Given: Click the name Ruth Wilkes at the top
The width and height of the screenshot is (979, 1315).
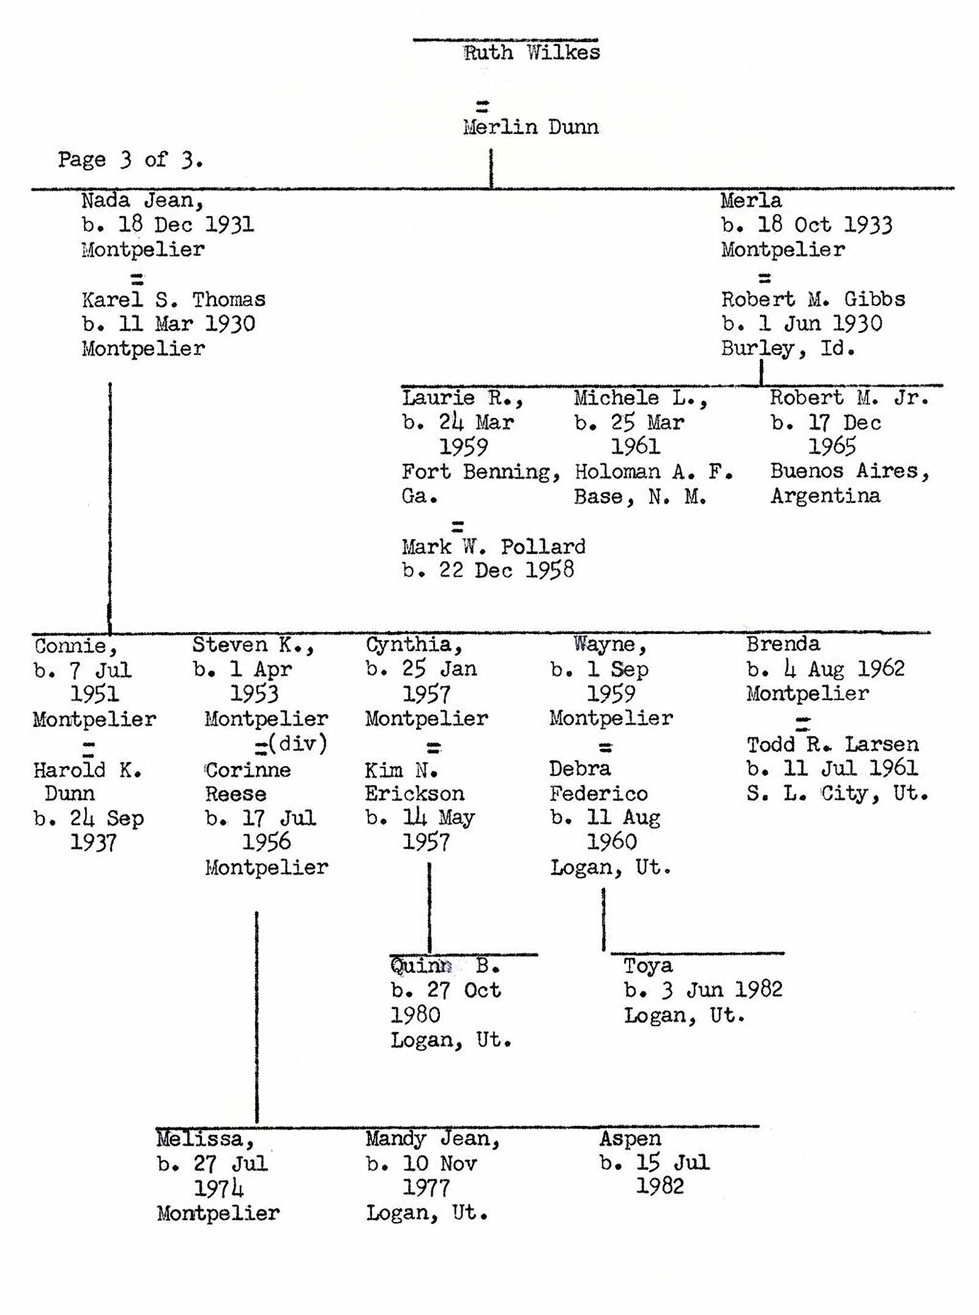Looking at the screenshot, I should (x=531, y=53).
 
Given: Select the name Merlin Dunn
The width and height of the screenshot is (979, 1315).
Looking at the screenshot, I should (x=530, y=127).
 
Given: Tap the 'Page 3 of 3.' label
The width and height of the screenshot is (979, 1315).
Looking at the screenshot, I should (x=130, y=160).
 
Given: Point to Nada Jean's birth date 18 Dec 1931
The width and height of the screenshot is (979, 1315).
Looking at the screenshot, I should (x=168, y=225).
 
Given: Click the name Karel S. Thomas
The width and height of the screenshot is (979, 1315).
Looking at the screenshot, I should (x=174, y=299).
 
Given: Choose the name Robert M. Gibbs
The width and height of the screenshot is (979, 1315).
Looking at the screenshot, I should (x=813, y=299).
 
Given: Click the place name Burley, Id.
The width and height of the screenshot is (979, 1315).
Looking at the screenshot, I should (x=787, y=349).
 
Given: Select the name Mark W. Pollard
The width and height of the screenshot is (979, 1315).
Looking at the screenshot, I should (x=493, y=546).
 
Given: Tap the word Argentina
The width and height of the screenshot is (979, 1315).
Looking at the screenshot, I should (x=825, y=496).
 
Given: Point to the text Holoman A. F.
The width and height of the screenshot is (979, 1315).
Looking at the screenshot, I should (x=653, y=471).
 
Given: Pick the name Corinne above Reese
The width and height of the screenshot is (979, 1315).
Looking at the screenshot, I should (x=248, y=769).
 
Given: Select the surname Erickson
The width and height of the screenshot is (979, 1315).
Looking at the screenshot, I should (x=415, y=794).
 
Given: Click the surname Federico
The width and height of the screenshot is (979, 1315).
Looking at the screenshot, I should (x=598, y=794).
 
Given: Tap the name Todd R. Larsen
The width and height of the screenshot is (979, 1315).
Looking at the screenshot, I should (x=832, y=744).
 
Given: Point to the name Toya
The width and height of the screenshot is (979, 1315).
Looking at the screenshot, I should (x=648, y=966).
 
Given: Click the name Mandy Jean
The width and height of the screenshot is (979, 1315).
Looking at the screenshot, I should (x=433, y=1138).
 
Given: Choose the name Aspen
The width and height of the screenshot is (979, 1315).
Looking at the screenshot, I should (x=630, y=1138).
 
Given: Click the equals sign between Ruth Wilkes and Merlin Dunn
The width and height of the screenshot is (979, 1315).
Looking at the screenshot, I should (x=483, y=106).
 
